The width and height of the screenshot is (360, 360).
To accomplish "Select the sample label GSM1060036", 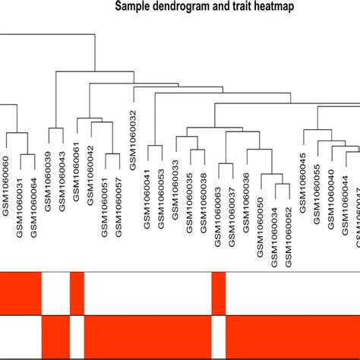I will [245, 199].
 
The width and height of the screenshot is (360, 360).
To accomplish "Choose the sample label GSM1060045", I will [302, 179].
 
